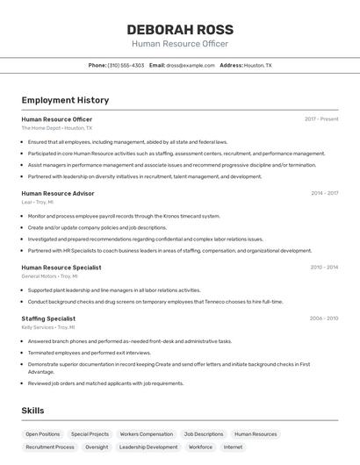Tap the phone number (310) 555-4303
(126, 65)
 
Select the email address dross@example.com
(191, 65)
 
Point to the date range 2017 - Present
(321, 119)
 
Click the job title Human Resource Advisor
(58, 193)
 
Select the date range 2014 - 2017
(324, 193)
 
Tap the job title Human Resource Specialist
(61, 267)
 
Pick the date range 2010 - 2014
(324, 267)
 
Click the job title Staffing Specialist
(48, 318)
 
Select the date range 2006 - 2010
(324, 318)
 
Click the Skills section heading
(32, 410)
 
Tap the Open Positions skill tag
(43, 433)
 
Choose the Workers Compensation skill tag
(147, 433)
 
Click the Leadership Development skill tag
(148, 447)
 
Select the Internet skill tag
(233, 447)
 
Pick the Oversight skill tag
(97, 447)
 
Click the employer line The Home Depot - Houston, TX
(57, 128)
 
